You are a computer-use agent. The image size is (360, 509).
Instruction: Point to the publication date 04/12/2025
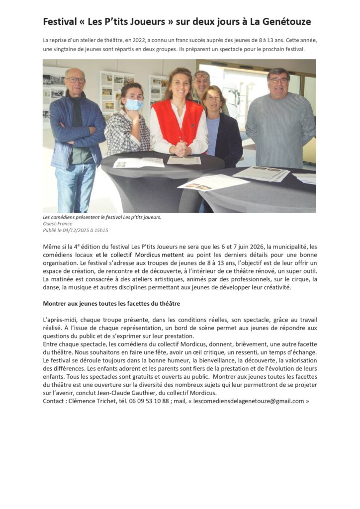point(77,230)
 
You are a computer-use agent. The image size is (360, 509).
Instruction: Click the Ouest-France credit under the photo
point(57,224)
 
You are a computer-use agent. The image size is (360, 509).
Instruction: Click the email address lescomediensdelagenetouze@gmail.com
point(249,401)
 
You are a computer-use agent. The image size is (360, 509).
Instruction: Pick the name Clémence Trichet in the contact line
point(92,401)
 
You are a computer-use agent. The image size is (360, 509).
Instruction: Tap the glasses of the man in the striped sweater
point(278,80)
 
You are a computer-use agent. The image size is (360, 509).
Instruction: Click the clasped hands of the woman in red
point(180,148)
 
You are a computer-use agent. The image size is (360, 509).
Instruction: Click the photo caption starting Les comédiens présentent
point(102,217)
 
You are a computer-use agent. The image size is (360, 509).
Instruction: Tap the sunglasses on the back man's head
point(201,75)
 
